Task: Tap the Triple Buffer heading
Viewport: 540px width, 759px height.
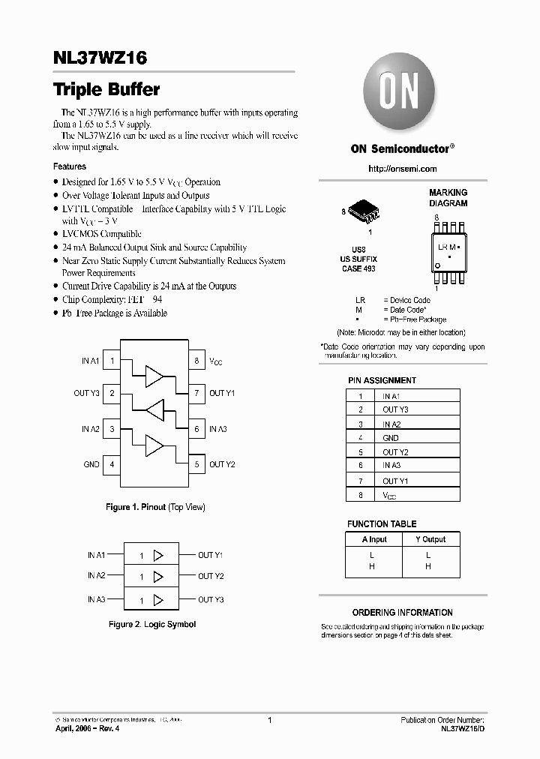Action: coord(106,89)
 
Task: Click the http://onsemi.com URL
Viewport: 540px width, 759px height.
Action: coord(402,169)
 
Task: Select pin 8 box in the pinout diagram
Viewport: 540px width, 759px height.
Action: coord(196,361)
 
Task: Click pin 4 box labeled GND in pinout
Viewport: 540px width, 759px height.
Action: coord(112,464)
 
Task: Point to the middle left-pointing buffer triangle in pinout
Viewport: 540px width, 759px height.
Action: coord(155,410)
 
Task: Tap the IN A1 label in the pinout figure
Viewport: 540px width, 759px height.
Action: coord(90,361)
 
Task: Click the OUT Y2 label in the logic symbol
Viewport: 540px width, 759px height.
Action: coord(211,576)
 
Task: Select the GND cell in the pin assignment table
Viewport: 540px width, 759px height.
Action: coord(390,437)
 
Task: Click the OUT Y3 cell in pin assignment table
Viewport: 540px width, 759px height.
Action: coord(394,409)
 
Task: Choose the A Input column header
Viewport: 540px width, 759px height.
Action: coord(374,538)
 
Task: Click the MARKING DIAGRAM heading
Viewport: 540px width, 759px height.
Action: coord(448,198)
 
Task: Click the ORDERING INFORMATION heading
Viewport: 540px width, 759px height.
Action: coord(402,612)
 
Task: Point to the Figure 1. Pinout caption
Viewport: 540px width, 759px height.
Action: coord(155,507)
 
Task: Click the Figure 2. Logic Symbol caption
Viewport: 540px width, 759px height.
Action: coord(151,624)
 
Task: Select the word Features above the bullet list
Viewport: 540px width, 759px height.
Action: coord(69,166)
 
